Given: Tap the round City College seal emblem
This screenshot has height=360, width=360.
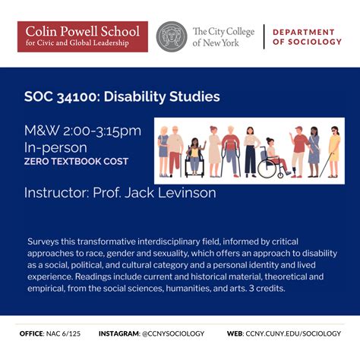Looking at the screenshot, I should [172, 36].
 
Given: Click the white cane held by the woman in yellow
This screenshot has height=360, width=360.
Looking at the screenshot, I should [325, 162].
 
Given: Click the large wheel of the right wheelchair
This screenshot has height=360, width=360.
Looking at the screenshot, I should [267, 168].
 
